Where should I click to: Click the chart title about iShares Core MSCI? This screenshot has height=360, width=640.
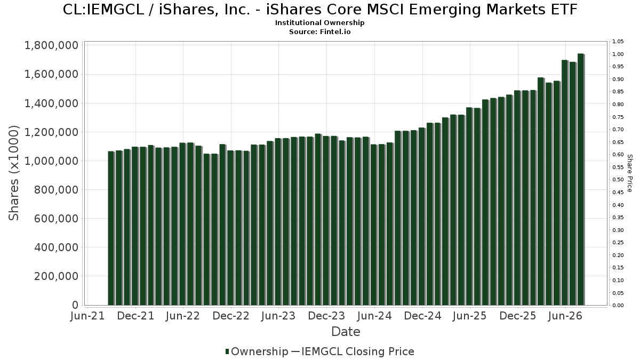click(x=320, y=10)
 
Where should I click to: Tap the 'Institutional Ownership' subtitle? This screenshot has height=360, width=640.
click(x=319, y=23)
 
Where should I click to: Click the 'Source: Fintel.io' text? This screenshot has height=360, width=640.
click(x=319, y=31)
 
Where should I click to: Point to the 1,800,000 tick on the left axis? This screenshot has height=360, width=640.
click(x=51, y=45)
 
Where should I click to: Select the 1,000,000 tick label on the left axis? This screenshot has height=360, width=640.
click(x=51, y=161)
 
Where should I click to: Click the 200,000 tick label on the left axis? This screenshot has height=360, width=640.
click(x=57, y=276)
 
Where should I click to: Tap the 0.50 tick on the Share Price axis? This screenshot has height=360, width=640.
click(x=618, y=180)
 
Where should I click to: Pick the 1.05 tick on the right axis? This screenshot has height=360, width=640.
click(x=618, y=42)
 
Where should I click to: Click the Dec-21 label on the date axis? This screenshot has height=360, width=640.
click(x=135, y=316)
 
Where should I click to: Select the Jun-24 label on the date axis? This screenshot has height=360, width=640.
click(x=374, y=316)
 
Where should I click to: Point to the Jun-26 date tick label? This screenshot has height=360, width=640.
click(x=565, y=316)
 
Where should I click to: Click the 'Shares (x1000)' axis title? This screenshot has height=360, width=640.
click(x=13, y=173)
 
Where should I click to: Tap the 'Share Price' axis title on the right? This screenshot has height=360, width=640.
click(x=629, y=173)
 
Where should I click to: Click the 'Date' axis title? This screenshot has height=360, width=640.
click(x=346, y=332)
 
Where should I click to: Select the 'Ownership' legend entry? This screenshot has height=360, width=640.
click(x=260, y=351)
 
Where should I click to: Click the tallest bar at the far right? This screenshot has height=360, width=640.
click(x=581, y=179)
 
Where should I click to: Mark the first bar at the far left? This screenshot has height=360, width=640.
click(x=111, y=228)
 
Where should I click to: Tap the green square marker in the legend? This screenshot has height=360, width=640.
click(x=227, y=351)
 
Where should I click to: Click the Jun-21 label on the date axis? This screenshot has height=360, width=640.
click(x=87, y=316)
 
